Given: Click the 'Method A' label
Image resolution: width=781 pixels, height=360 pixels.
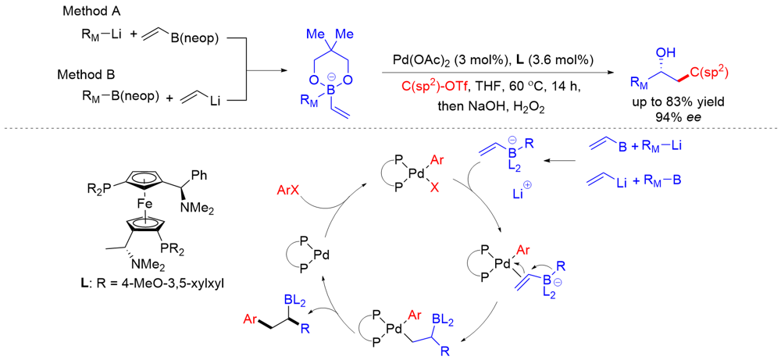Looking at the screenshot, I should (88, 12).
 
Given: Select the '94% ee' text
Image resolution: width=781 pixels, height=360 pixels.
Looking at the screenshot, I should (678, 119).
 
